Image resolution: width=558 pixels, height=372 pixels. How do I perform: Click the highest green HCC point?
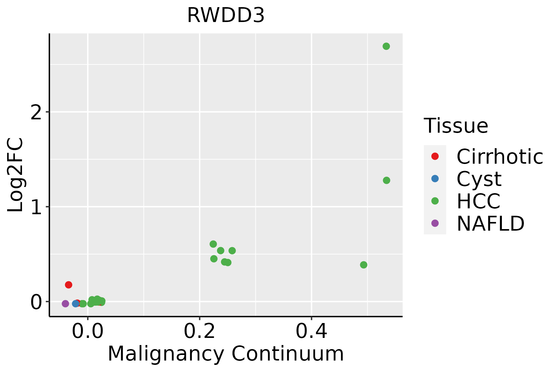386,46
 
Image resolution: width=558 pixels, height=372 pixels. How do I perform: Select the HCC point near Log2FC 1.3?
386,180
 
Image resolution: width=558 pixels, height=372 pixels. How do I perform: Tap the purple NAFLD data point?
65,303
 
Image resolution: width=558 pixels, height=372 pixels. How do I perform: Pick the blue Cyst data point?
76,303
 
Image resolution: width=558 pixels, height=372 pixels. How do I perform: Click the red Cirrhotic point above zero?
69,285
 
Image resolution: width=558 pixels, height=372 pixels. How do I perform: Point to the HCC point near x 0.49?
364,265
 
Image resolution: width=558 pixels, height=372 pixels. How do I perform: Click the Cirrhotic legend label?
499,157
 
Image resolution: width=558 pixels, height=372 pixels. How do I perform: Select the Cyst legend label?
479,179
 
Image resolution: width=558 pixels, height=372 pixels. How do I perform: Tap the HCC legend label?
478,201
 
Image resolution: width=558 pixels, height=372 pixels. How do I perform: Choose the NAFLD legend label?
490,224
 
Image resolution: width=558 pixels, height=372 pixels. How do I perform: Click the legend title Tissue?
456,126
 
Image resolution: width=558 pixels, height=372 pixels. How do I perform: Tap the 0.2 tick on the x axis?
200,332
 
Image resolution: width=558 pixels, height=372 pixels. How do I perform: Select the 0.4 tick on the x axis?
311,332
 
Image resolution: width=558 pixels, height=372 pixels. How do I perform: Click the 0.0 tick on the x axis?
88,332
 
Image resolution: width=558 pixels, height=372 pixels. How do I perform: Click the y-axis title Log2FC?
15,175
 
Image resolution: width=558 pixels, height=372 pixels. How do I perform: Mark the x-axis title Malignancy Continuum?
226,354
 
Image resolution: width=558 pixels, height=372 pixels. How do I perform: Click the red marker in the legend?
435,156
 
